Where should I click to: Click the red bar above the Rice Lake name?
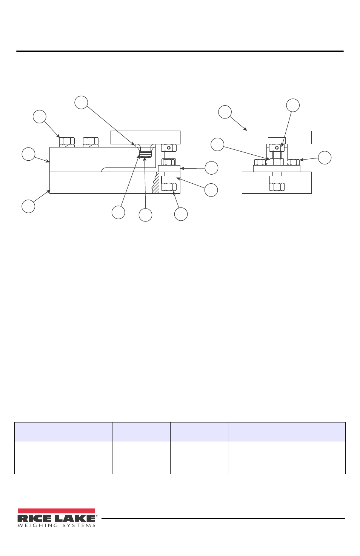pos(56,511)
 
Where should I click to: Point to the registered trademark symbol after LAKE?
pos(96,516)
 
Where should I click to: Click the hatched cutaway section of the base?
pos(156,183)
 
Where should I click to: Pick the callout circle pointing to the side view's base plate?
pos(28,206)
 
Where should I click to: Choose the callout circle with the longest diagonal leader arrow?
pos(81,102)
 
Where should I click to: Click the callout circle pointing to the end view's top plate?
pos(225,112)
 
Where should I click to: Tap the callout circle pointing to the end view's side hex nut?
pos(325,158)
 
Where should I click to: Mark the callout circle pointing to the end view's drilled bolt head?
pos(293,105)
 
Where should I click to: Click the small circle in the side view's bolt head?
pos(169,148)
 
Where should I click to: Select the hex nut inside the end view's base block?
pos(277,187)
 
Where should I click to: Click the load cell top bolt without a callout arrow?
pos(91,141)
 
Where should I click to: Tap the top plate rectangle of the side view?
pos(146,138)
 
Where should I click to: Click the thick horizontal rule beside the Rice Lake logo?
pos(223,518)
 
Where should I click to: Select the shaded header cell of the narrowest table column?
pos(33,432)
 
